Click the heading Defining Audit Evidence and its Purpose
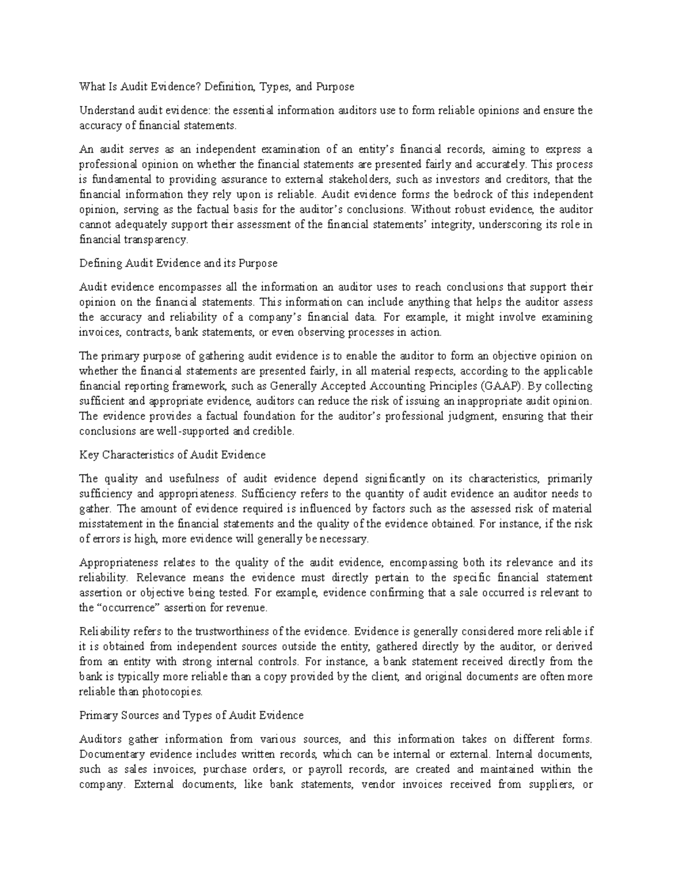[x=178, y=263]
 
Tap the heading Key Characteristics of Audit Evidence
[x=172, y=455]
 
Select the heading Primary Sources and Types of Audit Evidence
[x=191, y=716]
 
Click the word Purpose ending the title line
[x=335, y=87]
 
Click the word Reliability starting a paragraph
[x=100, y=632]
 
